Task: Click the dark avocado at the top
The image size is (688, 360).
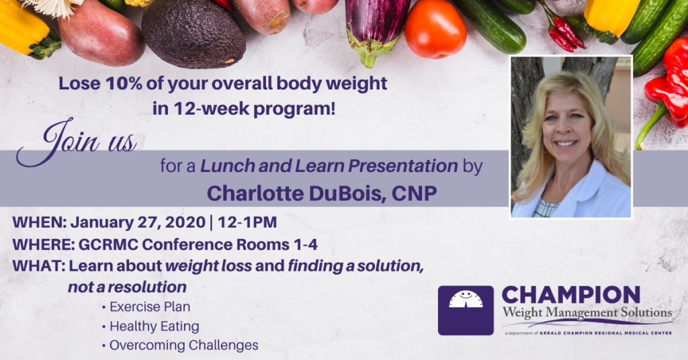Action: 193,34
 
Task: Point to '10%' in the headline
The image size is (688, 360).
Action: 124,83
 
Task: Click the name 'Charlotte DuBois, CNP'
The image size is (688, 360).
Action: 322,193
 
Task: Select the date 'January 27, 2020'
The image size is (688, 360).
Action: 138,222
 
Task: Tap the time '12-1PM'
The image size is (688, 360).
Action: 247,222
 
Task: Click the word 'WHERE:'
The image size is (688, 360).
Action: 43,244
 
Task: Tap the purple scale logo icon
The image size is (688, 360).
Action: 466,310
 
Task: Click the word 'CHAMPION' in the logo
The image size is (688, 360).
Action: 571,296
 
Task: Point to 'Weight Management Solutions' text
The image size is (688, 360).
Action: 587,313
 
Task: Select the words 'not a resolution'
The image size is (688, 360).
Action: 127,287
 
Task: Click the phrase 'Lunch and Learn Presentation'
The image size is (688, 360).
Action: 329,166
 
